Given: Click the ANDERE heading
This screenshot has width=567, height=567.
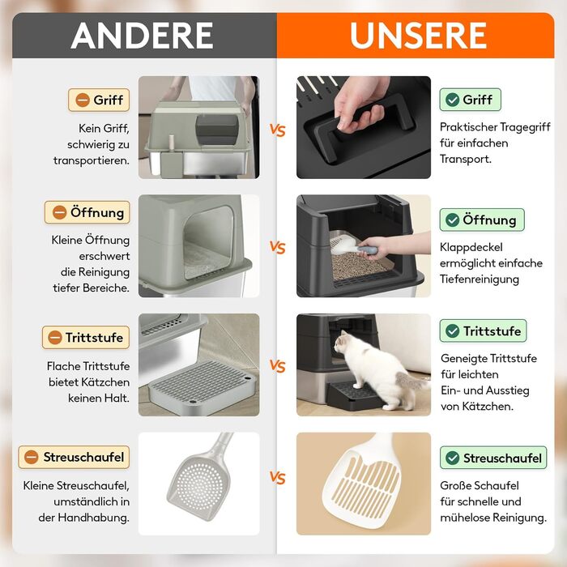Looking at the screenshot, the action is [x=142, y=35].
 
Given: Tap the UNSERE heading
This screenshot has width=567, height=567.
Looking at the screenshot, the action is [x=418, y=35].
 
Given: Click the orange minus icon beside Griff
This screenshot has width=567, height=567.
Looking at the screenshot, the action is [x=83, y=100].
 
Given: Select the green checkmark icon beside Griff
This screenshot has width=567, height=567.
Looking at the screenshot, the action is [x=452, y=100].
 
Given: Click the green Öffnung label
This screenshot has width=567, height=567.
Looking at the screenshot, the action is [x=482, y=220].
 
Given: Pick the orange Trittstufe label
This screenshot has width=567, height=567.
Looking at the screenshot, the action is [x=86, y=338].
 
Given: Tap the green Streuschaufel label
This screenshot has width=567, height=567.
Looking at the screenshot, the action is [x=493, y=458].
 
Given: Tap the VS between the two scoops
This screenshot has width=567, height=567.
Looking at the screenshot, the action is [x=277, y=478].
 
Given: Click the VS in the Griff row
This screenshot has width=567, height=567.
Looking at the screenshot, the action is [x=277, y=130].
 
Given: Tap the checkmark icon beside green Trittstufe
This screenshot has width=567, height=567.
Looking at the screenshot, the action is [x=452, y=330].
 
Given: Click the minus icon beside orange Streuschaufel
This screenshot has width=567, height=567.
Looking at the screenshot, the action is [x=32, y=457].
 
